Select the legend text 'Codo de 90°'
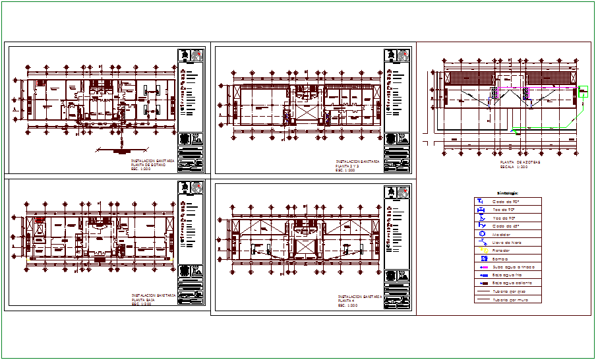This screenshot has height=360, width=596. point(506,201)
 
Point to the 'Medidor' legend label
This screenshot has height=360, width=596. point(503,233)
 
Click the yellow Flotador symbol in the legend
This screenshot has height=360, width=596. point(483,251)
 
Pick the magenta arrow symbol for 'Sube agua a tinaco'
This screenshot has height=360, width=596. point(483,266)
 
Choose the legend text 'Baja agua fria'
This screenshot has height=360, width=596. point(509,275)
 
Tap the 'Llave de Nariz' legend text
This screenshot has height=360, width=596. point(507,242)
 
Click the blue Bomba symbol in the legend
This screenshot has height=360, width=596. point(483,258)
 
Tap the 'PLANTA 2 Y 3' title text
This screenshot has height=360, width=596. point(350,165)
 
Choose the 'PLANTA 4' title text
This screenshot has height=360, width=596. point(347,301)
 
